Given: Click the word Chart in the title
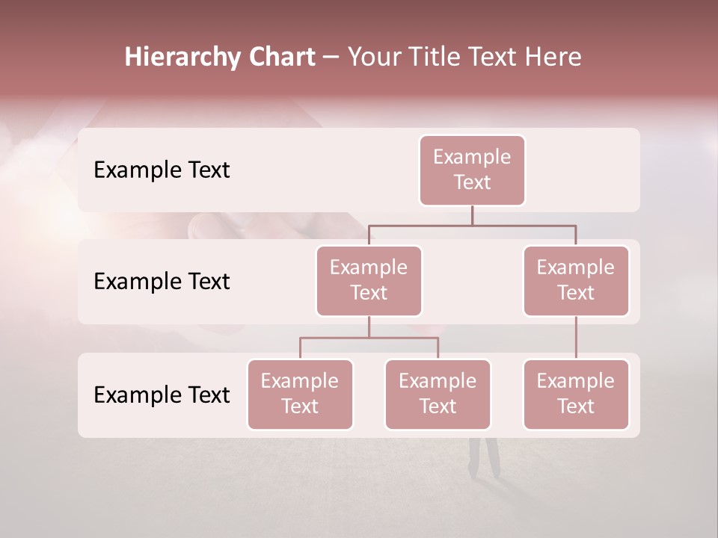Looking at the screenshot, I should pyautogui.click(x=282, y=58).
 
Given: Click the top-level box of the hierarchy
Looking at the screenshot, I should pyautogui.click(x=472, y=170).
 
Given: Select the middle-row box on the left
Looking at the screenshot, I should pyautogui.click(x=369, y=280).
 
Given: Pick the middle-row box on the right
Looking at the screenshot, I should pyautogui.click(x=576, y=280).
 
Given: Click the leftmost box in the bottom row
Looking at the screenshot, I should pyautogui.click(x=300, y=394).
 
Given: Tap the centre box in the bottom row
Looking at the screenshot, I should pyautogui.click(x=438, y=394).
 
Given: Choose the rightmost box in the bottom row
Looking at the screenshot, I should pyautogui.click(x=576, y=394).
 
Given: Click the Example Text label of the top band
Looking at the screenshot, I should pyautogui.click(x=162, y=170).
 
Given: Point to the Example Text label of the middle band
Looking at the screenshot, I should pyautogui.click(x=162, y=282).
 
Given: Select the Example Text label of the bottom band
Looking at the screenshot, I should pyautogui.click(x=162, y=395).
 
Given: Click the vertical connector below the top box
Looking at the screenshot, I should pyautogui.click(x=472, y=215).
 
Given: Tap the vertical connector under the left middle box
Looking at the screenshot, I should pyautogui.click(x=369, y=327).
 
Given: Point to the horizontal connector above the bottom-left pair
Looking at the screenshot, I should pyautogui.click(x=369, y=338).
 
